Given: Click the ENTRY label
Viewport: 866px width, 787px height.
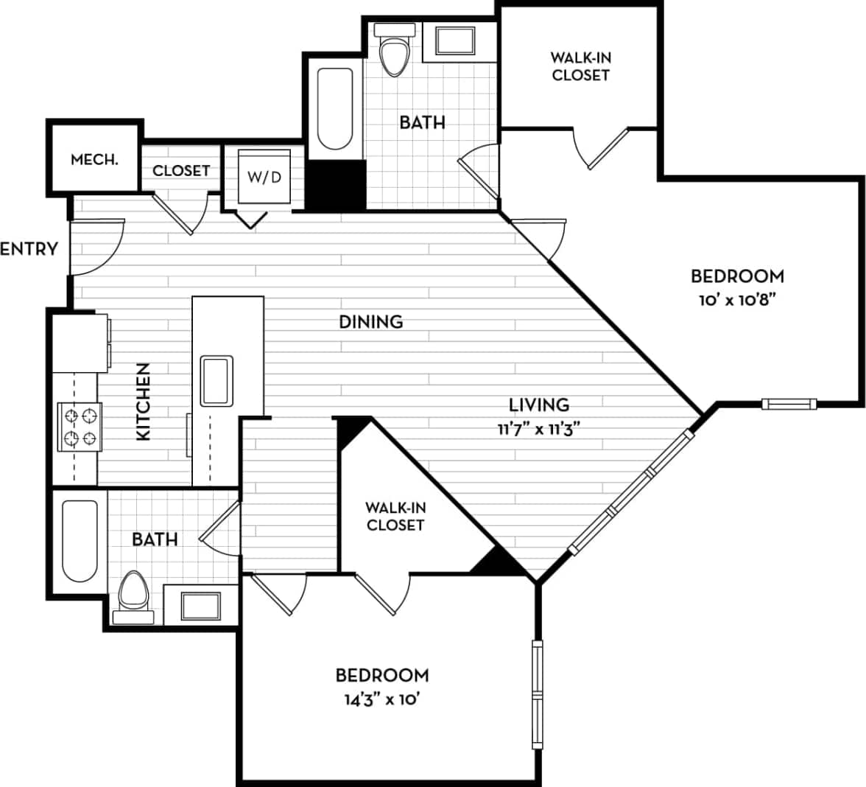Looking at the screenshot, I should (x=29, y=248).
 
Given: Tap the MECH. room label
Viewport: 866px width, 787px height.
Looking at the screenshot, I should (x=94, y=159).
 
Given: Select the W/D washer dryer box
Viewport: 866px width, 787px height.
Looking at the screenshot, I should (x=264, y=177).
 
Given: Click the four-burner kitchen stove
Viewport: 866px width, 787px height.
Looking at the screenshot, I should (x=80, y=427).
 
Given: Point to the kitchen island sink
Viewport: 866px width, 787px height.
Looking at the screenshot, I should (x=217, y=380).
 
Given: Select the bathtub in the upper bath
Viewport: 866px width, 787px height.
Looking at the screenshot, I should (x=334, y=109).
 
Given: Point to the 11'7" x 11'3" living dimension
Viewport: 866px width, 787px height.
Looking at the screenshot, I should (x=535, y=429).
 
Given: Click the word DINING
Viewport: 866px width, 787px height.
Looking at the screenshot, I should (x=371, y=321).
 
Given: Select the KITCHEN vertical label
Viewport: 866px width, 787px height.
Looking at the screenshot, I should (x=143, y=402).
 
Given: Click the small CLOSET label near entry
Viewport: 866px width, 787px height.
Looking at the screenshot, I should (x=181, y=170).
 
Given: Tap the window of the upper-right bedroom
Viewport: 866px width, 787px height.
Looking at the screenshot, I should (x=789, y=403).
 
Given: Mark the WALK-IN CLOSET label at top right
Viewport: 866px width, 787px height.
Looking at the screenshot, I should (x=580, y=66).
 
